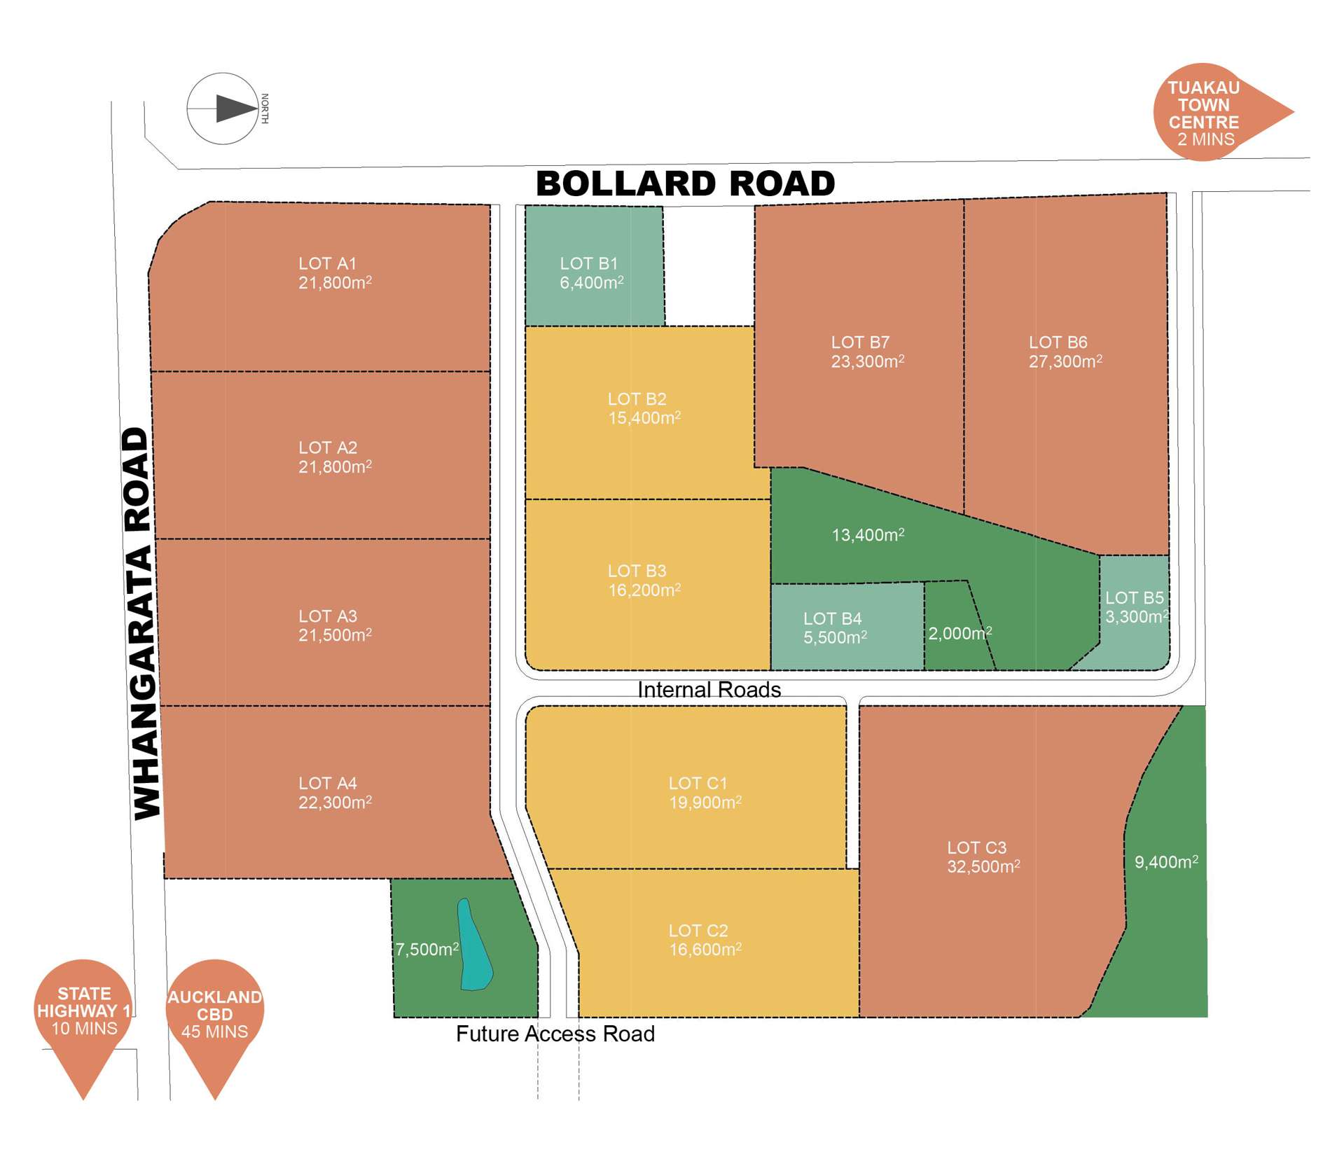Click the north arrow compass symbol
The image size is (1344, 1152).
223,109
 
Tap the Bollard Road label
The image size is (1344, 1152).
685,183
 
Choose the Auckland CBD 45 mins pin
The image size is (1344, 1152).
214,1013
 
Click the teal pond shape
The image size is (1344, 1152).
474,945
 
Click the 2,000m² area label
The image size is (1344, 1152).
959,633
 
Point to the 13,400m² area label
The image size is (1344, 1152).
867,535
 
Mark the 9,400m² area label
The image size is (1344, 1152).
1165,861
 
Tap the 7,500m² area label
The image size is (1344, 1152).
427,949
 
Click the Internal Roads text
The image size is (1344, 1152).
709,690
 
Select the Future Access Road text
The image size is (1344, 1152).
555,1034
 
